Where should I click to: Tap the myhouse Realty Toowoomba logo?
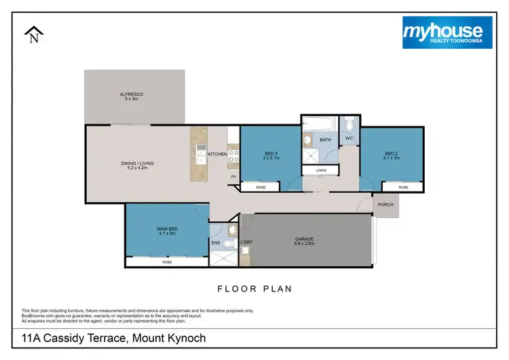coord(442,33)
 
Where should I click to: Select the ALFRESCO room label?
coord(132,94)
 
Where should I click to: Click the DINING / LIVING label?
coord(138,163)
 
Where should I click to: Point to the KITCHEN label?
coord(217,155)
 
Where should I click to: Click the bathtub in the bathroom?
coord(318,124)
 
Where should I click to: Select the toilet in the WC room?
coord(349,124)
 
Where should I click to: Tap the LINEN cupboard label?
coord(321,170)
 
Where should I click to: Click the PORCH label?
coord(385,204)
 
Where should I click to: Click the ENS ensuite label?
coord(216,242)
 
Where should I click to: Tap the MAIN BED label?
coord(166,229)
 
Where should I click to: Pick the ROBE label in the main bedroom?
coord(167,261)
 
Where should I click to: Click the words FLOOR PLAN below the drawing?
coord(254,289)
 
